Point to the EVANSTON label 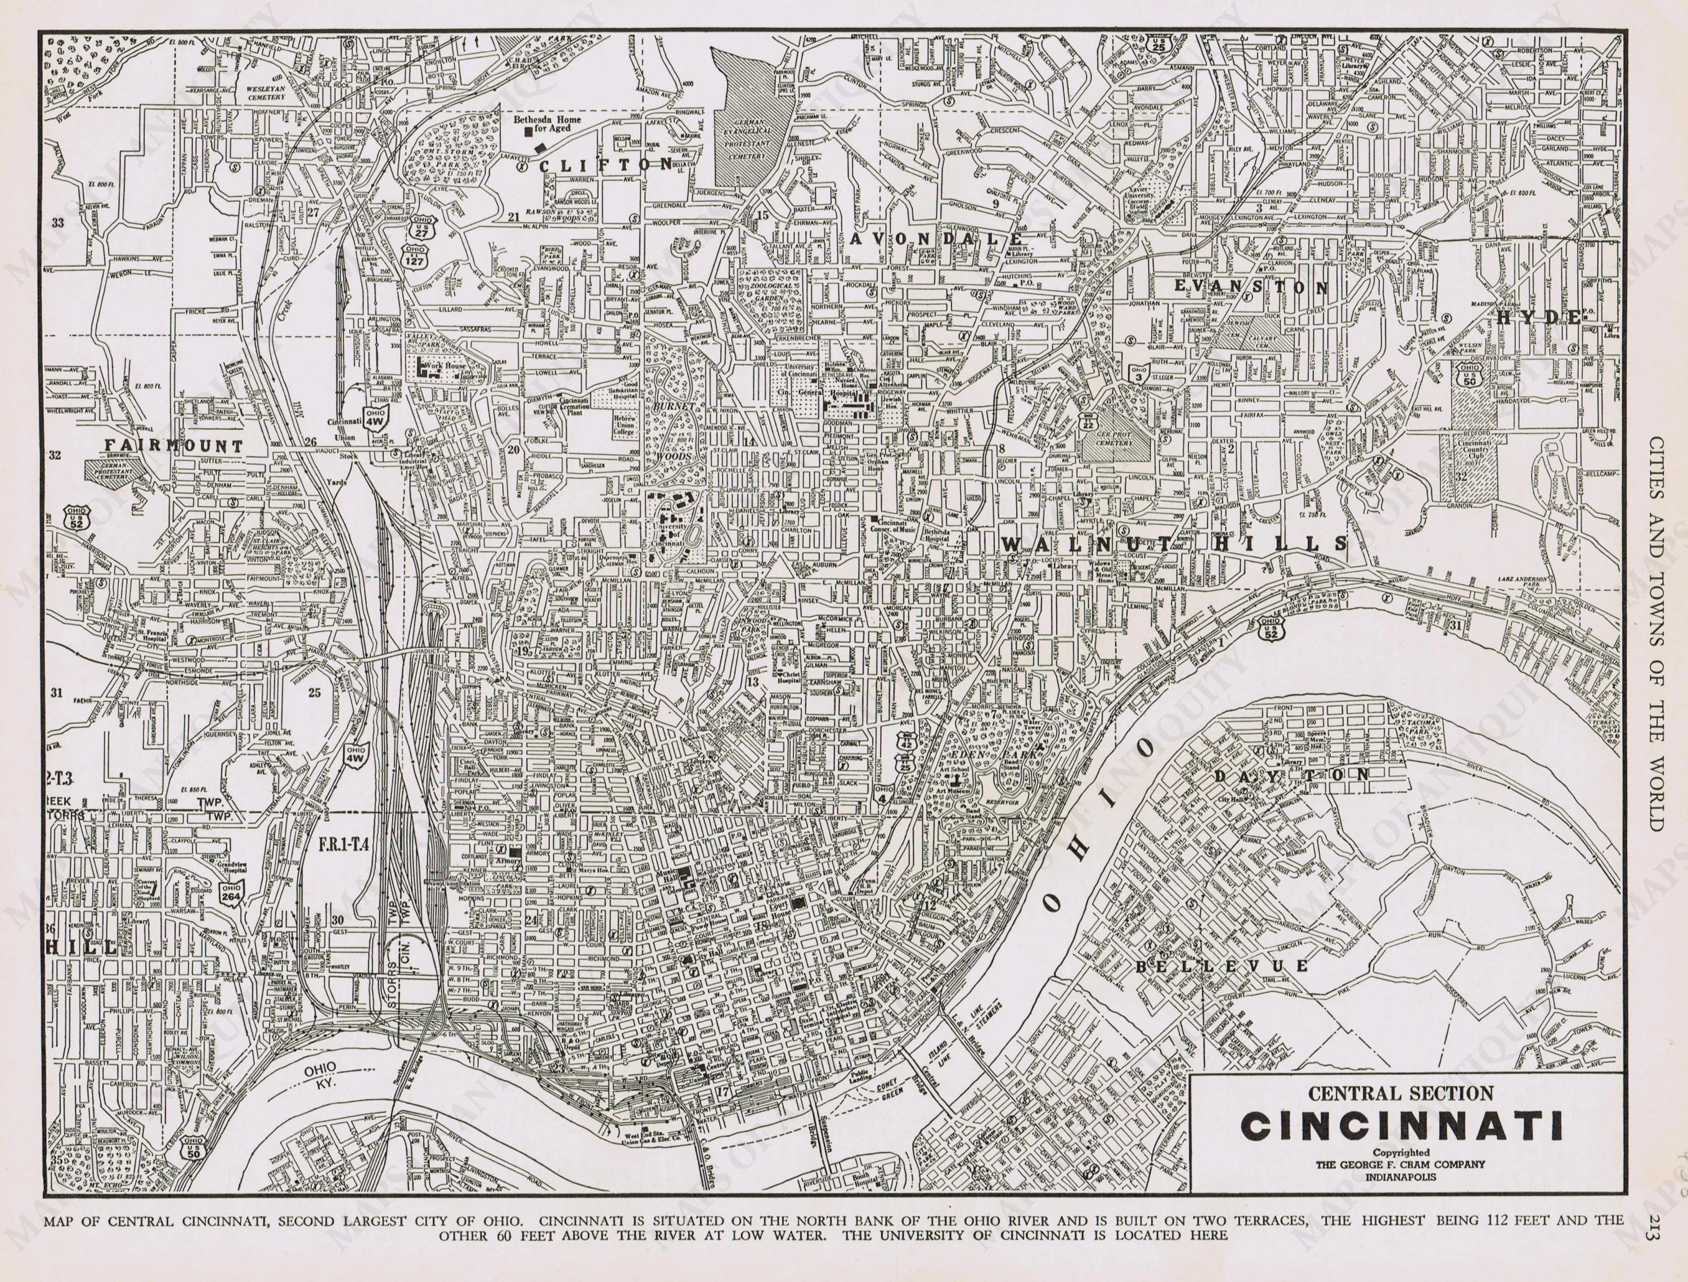pyautogui.click(x=1251, y=287)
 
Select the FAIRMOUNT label pyautogui.click(x=174, y=446)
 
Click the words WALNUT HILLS pyautogui.click(x=1175, y=543)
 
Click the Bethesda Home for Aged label pyautogui.click(x=546, y=124)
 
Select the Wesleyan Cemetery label pyautogui.click(x=265, y=92)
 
